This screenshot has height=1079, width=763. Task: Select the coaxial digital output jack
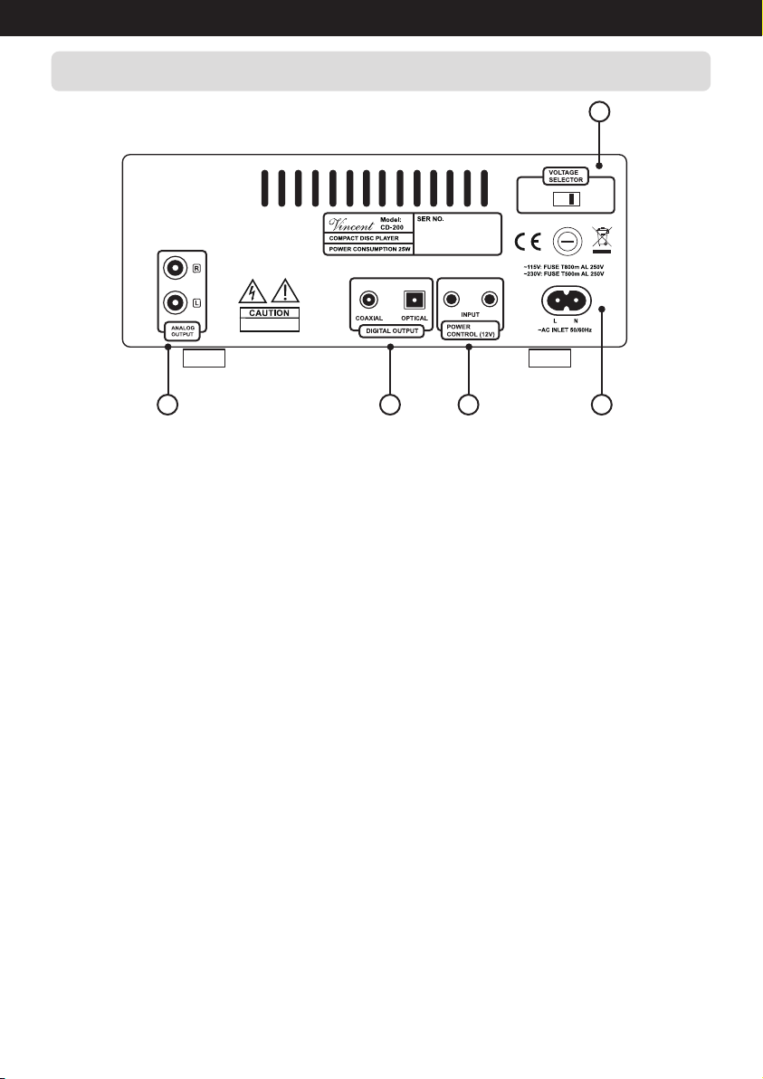click(x=368, y=299)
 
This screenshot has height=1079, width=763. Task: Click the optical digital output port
click(x=414, y=299)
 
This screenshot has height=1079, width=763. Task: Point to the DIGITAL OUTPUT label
click(x=391, y=331)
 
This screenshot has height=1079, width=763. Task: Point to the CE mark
click(x=528, y=242)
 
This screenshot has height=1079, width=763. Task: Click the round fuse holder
click(x=566, y=242)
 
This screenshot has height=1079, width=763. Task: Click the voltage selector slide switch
click(x=566, y=199)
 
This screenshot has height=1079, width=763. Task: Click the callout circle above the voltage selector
click(x=599, y=112)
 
